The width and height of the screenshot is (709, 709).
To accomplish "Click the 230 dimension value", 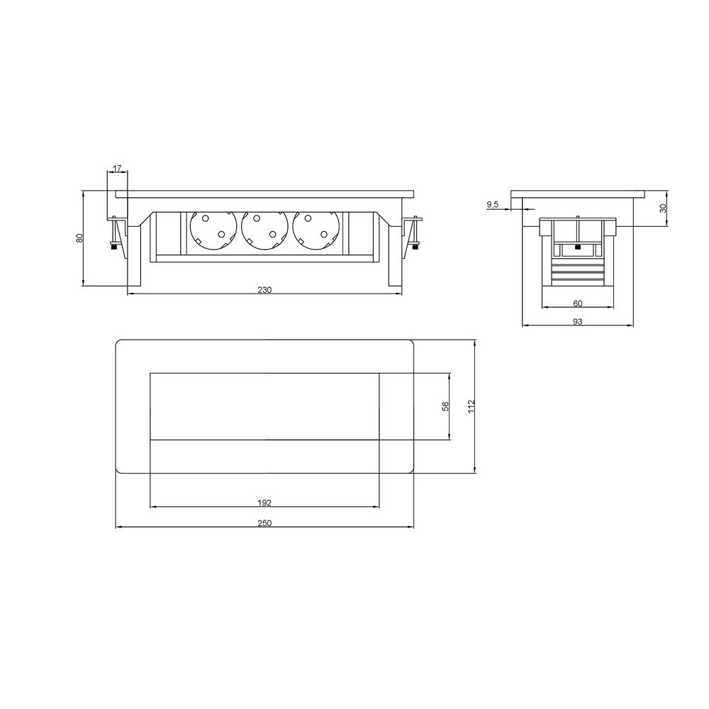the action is click(264, 290).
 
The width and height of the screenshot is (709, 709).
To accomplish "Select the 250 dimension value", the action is click(264, 523).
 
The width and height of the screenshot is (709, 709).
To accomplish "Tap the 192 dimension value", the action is click(264, 503).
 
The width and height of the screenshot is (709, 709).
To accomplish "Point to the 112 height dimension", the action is click(471, 406).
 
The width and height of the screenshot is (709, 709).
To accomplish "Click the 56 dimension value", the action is click(446, 406).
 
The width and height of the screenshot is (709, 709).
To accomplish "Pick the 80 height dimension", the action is click(79, 238).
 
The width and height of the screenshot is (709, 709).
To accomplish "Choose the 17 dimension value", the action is click(117, 169).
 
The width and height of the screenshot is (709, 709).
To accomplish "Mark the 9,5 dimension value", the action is click(493, 205).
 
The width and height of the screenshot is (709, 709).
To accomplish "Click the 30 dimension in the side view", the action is click(663, 208).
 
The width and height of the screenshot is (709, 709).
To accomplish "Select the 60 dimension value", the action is click(577, 303).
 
